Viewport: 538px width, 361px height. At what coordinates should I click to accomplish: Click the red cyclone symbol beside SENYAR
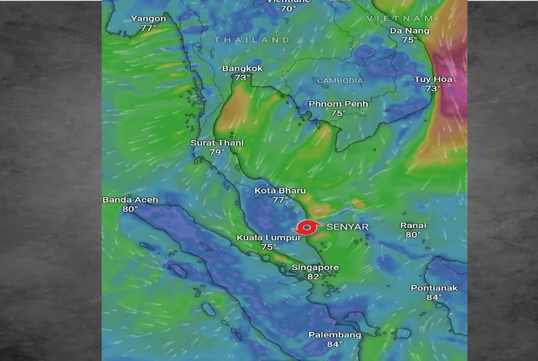(x=307, y=228)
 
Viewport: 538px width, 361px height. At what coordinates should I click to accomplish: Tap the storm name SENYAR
(x=348, y=227)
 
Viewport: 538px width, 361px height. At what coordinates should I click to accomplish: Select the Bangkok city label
(x=242, y=68)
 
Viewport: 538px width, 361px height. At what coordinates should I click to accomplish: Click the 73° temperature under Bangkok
(x=242, y=78)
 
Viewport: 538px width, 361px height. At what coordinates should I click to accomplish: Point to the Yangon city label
(x=148, y=19)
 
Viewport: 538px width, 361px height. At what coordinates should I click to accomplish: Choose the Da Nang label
(x=409, y=31)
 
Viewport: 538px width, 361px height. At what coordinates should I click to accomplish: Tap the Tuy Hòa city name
(x=433, y=79)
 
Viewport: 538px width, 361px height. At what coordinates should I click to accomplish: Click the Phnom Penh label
(x=338, y=103)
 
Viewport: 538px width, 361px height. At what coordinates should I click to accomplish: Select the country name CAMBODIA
(x=340, y=81)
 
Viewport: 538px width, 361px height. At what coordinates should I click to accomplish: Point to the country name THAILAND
(x=252, y=40)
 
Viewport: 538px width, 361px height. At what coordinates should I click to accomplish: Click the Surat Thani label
(x=217, y=143)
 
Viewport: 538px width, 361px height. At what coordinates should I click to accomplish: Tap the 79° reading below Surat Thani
(x=217, y=152)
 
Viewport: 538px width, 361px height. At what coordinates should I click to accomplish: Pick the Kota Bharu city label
(x=280, y=191)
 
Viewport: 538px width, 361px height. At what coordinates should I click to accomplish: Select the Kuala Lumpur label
(x=261, y=238)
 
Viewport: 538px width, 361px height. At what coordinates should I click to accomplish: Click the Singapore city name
(x=315, y=267)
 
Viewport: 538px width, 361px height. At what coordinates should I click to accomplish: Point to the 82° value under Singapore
(x=315, y=276)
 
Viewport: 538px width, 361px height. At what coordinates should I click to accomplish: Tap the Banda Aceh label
(x=130, y=200)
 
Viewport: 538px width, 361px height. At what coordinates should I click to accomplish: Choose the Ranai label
(x=413, y=225)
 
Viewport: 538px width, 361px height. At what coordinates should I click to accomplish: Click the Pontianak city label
(x=434, y=288)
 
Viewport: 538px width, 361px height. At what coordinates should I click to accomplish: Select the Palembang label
(x=334, y=335)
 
